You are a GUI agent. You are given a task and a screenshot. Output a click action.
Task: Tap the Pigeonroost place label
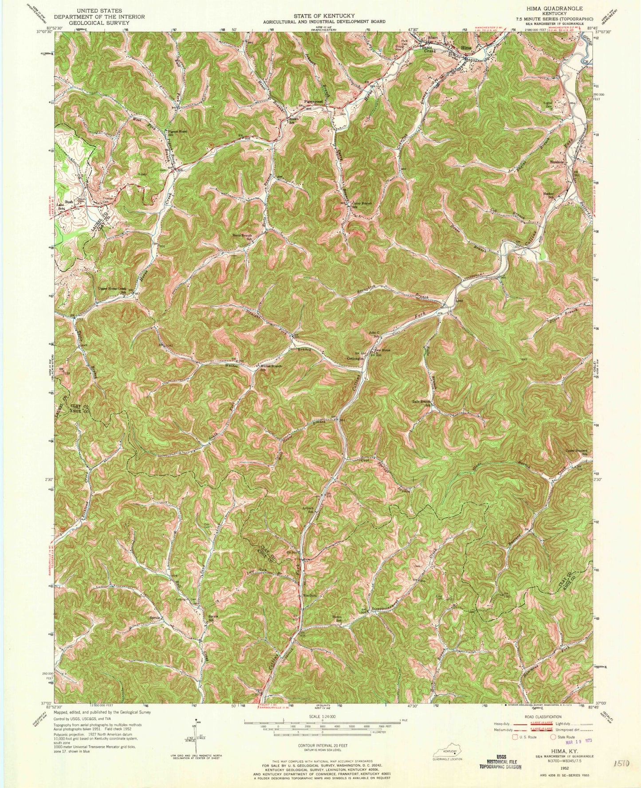313,102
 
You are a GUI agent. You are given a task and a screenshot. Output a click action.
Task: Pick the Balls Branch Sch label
421,403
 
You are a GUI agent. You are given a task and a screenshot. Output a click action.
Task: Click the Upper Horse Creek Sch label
115,289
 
